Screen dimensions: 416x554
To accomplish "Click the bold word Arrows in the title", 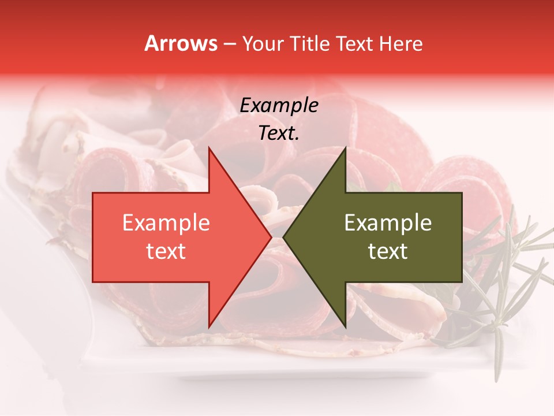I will click(x=181, y=43).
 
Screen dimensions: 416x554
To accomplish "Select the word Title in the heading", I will click(x=311, y=43).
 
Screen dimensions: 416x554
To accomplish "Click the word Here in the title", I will click(x=401, y=43).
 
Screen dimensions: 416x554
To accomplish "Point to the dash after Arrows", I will click(x=229, y=44).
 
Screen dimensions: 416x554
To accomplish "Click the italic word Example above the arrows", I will click(x=279, y=106).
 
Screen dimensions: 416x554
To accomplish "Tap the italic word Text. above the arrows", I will click(x=279, y=133).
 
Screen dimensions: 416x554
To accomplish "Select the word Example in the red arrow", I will click(x=166, y=223).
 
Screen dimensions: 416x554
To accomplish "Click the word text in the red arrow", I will click(x=166, y=251).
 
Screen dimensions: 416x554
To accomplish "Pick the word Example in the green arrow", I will click(x=388, y=223).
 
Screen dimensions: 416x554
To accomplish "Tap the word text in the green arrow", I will click(x=388, y=251).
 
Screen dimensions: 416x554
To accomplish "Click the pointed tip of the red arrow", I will click(x=271, y=237).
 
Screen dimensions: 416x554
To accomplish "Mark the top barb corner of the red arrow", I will click(x=209, y=148).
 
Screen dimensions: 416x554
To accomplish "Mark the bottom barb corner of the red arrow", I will click(x=209, y=327).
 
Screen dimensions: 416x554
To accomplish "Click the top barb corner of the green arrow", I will click(x=345, y=148).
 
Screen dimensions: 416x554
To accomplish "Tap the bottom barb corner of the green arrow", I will click(x=345, y=327).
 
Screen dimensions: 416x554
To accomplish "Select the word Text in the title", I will click(x=355, y=43).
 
